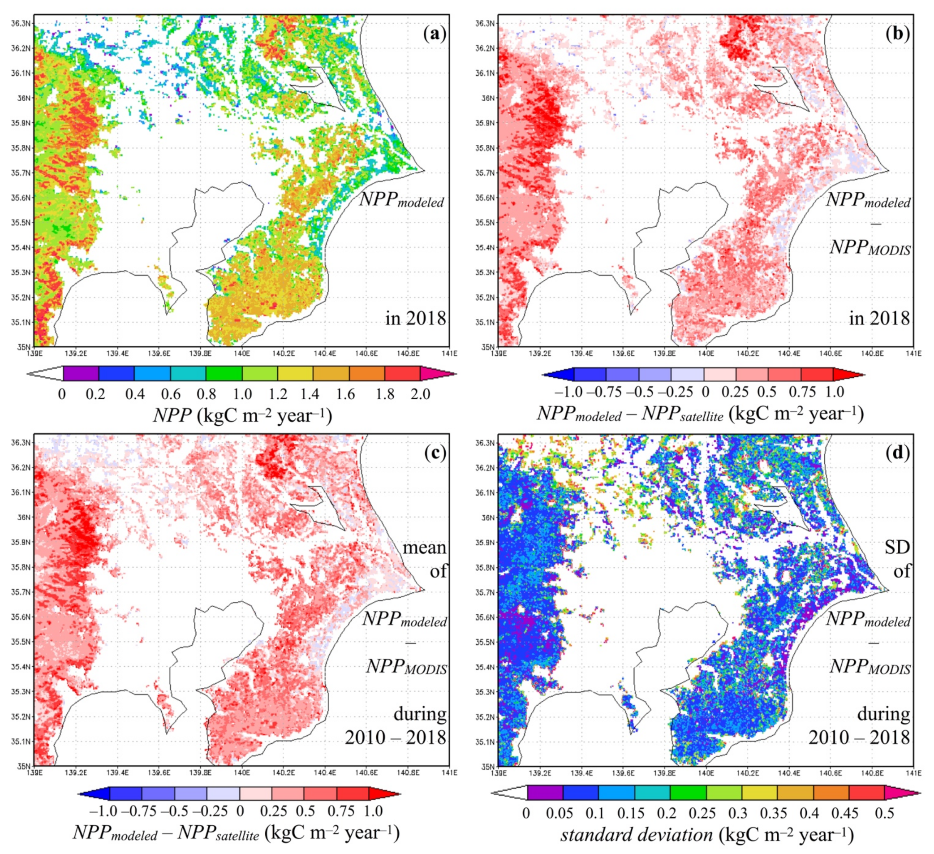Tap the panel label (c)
434,453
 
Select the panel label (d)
898,453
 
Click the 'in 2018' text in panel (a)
416,318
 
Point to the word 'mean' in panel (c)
424,547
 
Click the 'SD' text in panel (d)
897,547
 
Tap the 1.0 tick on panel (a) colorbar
242,394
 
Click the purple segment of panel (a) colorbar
81,374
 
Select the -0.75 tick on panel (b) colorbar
604,392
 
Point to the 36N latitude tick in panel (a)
25,98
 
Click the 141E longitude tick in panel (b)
913,354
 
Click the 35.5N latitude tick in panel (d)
486,642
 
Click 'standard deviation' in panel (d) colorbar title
637,835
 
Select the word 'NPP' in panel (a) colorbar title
172,416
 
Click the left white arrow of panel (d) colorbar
508,793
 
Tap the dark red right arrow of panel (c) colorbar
385,794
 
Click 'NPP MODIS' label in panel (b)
869,247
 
